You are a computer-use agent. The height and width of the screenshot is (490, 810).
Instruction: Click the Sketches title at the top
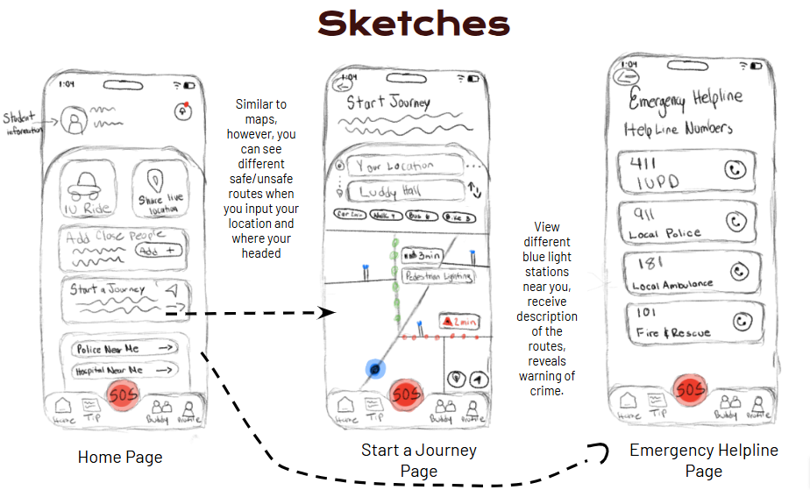(414, 24)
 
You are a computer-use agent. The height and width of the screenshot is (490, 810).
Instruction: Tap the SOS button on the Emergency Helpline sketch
(689, 389)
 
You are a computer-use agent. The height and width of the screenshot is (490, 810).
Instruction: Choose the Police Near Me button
(124, 349)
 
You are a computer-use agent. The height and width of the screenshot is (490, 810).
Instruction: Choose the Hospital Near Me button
(124, 371)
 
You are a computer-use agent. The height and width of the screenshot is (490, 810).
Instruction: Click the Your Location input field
(404, 166)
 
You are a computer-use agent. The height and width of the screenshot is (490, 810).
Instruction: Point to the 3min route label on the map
(423, 255)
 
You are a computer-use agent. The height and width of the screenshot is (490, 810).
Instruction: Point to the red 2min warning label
(459, 323)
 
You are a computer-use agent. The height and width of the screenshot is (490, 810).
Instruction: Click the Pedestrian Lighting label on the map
(437, 276)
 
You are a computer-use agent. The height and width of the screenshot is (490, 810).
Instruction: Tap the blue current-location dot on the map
(375, 369)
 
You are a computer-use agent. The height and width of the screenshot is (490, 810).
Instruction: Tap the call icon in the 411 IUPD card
(733, 170)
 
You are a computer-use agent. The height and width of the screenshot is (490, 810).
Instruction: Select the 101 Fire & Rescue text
(671, 323)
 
